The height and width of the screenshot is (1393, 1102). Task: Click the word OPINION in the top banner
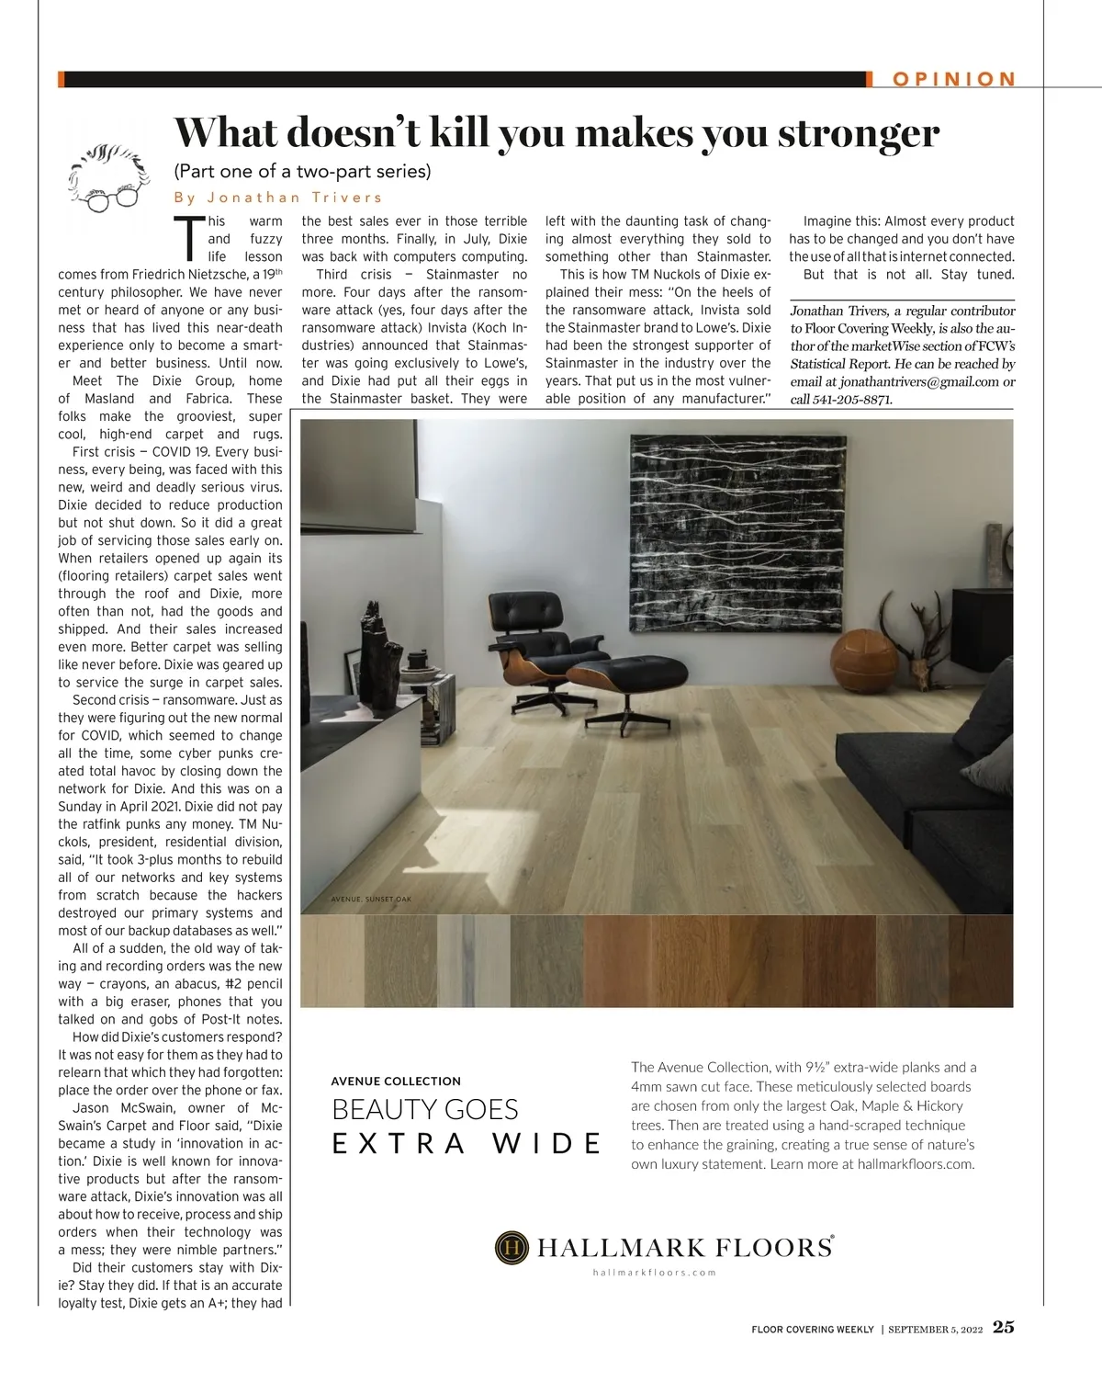954,79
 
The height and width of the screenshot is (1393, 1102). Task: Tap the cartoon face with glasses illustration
108,177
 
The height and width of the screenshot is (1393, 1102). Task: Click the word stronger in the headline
859,133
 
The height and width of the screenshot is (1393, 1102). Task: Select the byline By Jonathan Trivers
278,198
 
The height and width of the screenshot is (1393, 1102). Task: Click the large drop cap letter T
190,239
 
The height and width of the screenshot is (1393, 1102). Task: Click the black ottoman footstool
626,680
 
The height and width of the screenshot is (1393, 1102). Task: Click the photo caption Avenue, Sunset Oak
371,900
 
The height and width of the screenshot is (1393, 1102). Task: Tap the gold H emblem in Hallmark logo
512,1247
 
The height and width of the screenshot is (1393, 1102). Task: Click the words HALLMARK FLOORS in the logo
683,1247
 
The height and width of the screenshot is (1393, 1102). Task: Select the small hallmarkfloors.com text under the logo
654,1273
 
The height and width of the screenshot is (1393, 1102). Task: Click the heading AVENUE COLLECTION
396,1081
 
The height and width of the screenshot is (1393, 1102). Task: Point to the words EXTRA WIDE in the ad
467,1144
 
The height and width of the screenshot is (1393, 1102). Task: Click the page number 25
1004,1328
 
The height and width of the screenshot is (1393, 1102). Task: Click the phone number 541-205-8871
853,400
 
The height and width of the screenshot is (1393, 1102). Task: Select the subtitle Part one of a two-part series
302,172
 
